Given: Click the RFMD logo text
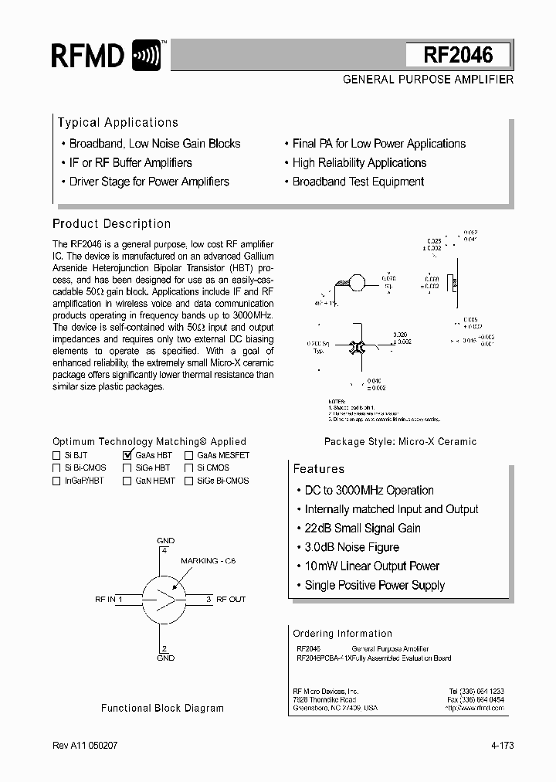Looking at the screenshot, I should tap(87, 56).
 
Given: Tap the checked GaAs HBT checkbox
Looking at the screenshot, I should tap(127, 455).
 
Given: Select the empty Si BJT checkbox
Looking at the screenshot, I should tap(56, 456).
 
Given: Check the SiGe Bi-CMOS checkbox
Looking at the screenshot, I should tap(189, 481).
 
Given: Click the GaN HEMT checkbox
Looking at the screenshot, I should tap(127, 481).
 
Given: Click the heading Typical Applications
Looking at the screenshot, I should tap(118, 123).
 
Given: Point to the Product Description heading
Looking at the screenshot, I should tap(111, 224).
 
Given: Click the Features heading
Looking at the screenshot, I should tap(319, 469).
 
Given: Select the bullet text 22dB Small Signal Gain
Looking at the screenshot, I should tap(362, 529).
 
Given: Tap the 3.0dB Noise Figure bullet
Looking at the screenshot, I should tap(351, 547).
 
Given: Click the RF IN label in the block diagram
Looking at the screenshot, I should tap(105, 599).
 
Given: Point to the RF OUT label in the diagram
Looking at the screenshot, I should tap(231, 599).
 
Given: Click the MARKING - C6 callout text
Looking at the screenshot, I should tap(209, 561).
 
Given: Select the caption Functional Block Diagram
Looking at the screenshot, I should tap(162, 708).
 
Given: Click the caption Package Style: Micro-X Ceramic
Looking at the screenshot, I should tap(400, 441).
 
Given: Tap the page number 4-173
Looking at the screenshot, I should tap(501, 746).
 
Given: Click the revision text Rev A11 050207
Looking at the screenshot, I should tap(85, 746).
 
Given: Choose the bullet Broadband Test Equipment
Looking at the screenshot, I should tap(358, 182).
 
